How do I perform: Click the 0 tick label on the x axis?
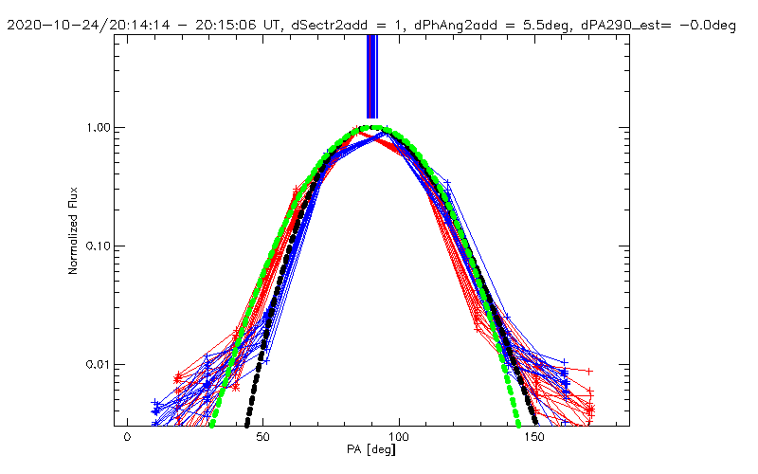[127, 440]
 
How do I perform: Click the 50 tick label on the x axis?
[263, 440]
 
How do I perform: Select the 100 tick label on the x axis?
[400, 440]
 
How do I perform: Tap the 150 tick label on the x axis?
[536, 440]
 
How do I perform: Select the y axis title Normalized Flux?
[73, 230]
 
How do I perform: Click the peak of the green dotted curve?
[377, 127]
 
